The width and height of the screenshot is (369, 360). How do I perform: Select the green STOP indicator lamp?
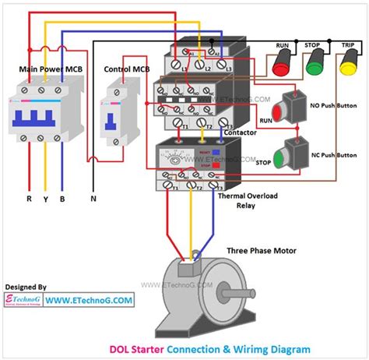[x=315, y=63]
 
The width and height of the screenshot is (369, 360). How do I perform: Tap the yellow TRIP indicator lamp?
[x=348, y=63]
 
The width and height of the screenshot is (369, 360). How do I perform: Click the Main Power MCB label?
[x=46, y=69]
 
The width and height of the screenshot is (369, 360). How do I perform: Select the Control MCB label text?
[x=126, y=69]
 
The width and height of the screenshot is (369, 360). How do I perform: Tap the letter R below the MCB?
[x=29, y=199]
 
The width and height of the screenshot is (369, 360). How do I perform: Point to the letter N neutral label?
[x=94, y=199]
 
